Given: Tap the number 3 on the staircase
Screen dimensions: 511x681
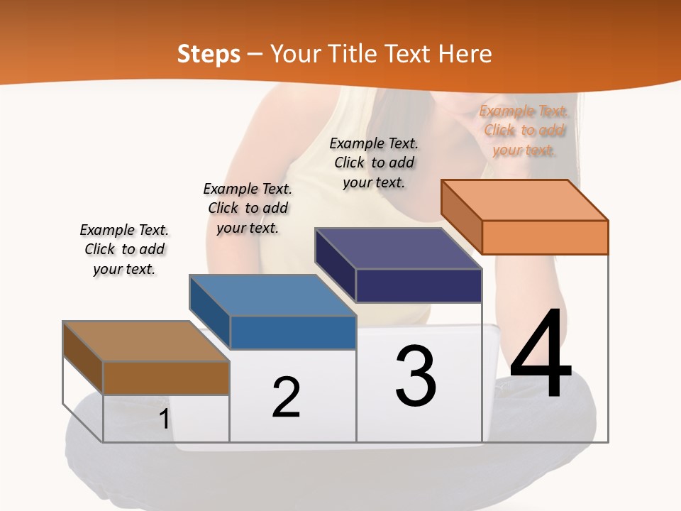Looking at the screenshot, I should click(416, 376).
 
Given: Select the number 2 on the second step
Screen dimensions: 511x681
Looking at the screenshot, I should click(286, 397).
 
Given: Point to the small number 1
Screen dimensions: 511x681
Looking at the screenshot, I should click(164, 419).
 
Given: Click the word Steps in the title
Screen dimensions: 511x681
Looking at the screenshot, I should click(209, 54).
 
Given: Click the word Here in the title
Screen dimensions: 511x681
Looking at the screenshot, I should click(465, 54).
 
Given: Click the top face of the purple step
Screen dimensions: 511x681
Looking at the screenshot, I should click(398, 248).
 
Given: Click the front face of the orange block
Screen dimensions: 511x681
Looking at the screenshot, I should click(545, 237).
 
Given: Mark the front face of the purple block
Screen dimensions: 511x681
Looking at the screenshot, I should click(419, 286).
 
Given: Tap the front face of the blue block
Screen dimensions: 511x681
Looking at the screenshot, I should click(293, 333).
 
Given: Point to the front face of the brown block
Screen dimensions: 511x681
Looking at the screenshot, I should click(166, 378).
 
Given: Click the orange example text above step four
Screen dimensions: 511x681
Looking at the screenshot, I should click(524, 131).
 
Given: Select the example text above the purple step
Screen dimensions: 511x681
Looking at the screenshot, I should click(374, 163).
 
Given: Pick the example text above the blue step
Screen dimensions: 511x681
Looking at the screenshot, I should click(248, 208).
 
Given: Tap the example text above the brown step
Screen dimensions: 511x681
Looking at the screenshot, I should click(124, 249).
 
